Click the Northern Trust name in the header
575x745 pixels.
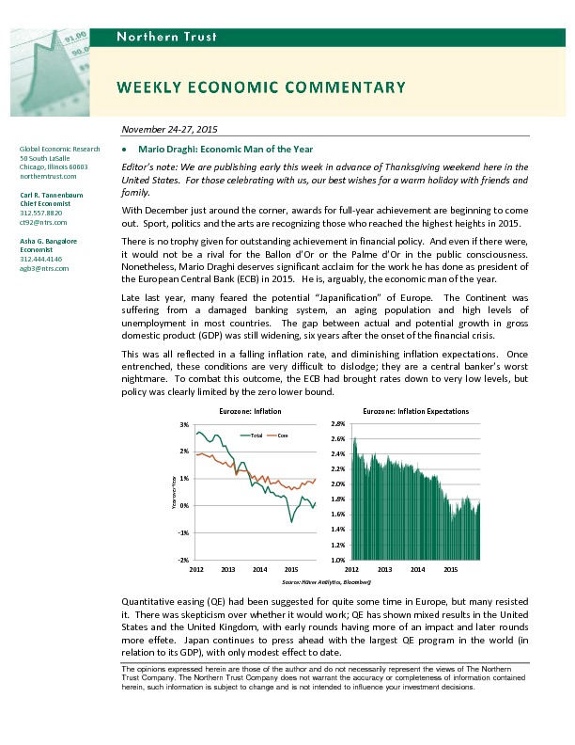pos(166,37)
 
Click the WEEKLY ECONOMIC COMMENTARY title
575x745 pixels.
pos(261,87)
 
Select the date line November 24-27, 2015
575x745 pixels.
pos(171,129)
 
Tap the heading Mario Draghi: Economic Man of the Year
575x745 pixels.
pos(225,150)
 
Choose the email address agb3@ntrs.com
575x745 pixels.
pos(44,268)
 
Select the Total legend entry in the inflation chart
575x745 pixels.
pos(256,436)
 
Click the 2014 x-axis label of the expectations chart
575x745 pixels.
pos(418,570)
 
